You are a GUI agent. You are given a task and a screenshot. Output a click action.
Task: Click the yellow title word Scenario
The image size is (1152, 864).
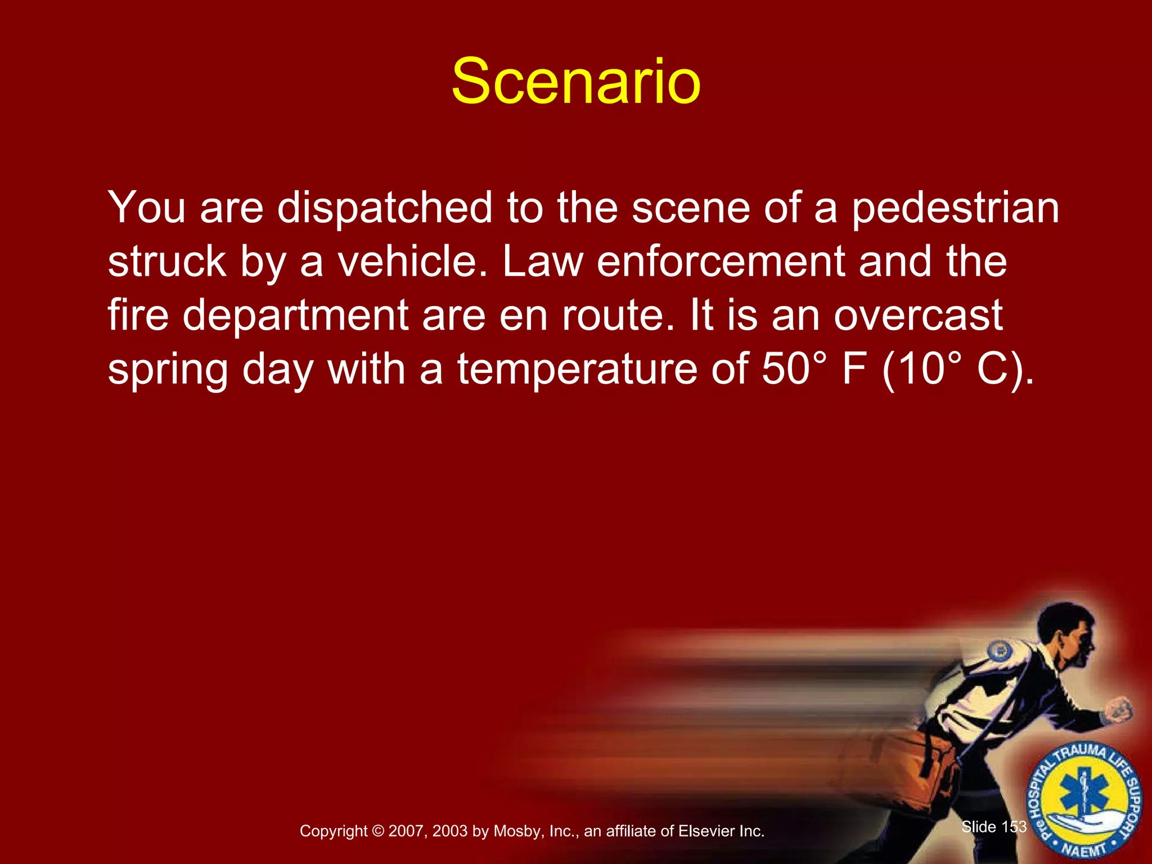(x=576, y=82)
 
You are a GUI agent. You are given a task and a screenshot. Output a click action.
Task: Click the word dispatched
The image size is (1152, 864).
(x=385, y=208)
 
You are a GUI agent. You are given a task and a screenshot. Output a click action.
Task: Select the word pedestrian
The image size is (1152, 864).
(x=955, y=208)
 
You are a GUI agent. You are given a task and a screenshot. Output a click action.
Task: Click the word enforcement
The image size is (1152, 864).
(x=721, y=262)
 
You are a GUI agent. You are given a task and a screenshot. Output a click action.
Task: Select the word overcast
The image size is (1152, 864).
(x=917, y=315)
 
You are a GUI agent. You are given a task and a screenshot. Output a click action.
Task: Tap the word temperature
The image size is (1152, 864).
(x=577, y=368)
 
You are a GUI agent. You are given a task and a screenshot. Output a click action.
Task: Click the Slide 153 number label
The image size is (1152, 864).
(x=994, y=827)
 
